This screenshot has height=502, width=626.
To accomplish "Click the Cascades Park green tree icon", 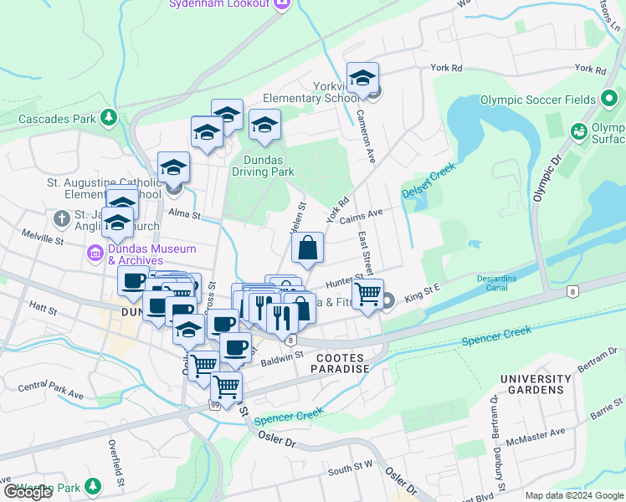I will coord(108,119).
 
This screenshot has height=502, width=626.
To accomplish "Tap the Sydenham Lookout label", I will coord(219,4).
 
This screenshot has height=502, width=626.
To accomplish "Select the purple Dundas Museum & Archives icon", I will coord(95,254).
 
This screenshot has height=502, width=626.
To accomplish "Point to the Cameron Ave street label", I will coord(367,136).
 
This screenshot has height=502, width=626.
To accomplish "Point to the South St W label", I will coord(350,471).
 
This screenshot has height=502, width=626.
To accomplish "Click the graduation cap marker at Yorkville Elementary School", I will coord(362,79).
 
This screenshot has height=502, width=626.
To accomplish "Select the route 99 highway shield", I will coord(215,405).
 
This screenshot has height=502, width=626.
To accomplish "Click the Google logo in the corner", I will coord(28,493).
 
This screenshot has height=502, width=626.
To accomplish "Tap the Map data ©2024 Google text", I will coord(573,495).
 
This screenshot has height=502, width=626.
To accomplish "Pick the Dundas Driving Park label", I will coord(269,166).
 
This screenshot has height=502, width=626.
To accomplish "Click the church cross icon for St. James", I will coord(60,219).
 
